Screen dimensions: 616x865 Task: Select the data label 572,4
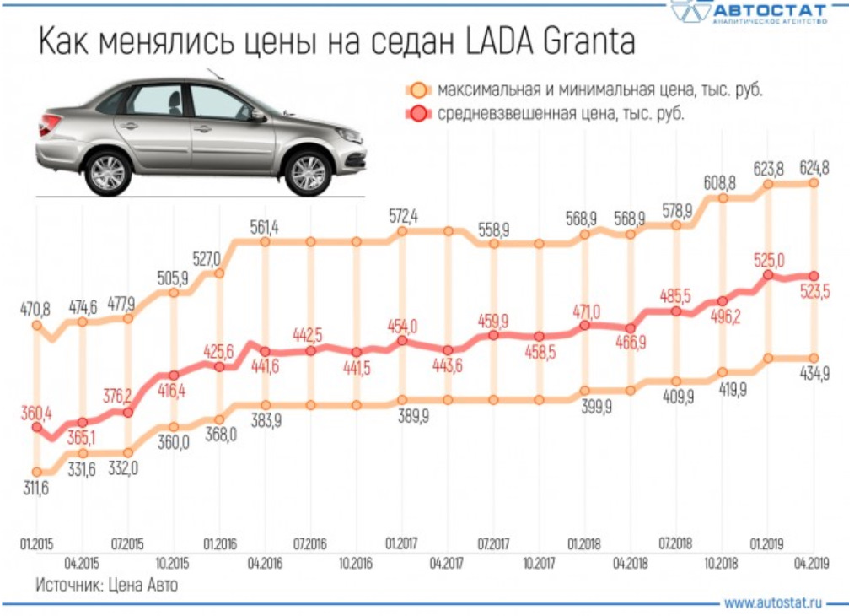pos(404,215)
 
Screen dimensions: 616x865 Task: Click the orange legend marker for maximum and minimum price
pos(418,89)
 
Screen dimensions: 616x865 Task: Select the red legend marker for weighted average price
pos(418,114)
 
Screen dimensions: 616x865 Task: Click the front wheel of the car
pos(308,171)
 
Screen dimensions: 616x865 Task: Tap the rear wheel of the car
pos(108,171)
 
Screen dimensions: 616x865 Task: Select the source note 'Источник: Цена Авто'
pos(106,584)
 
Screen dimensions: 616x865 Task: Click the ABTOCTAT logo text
pos(770,9)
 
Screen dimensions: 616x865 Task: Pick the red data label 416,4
pos(173,392)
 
